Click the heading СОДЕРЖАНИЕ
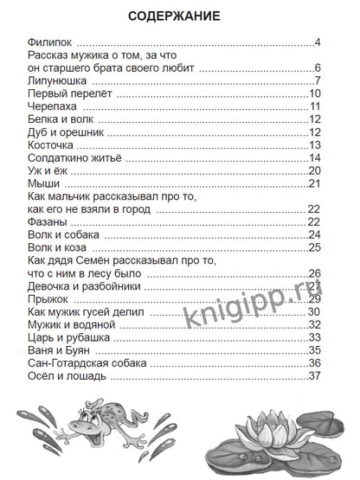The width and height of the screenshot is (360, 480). pos(179,16)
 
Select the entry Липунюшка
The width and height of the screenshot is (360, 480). pos(60,81)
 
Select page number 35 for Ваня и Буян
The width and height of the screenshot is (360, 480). pos(314,350)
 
